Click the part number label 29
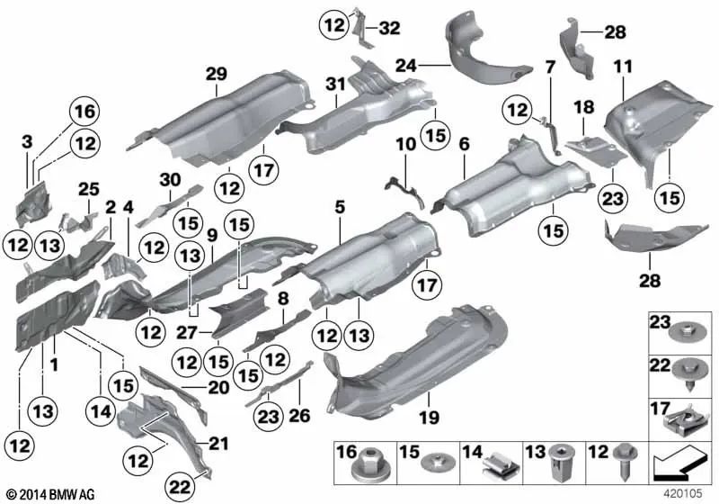215,75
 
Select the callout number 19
430,417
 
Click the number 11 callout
623,67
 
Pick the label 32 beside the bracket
389,27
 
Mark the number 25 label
86,190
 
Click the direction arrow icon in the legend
673,465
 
